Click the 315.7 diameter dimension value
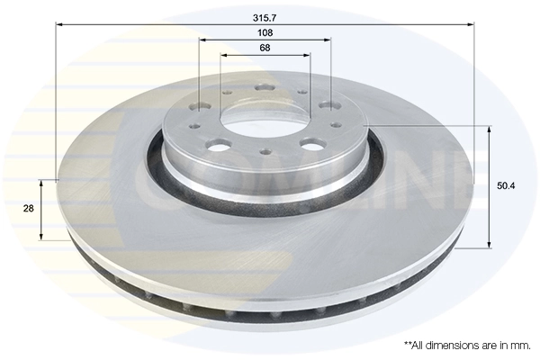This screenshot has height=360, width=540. [265, 15]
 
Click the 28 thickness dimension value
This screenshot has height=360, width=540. [28, 208]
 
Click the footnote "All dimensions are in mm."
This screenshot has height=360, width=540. [467, 345]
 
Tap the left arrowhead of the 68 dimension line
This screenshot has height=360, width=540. [223, 55]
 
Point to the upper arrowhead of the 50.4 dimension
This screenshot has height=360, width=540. [490, 130]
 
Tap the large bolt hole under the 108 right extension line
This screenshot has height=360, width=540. [328, 105]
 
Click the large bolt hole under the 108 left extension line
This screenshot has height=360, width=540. [200, 105]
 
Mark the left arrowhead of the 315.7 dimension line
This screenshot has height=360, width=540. [59, 25]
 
